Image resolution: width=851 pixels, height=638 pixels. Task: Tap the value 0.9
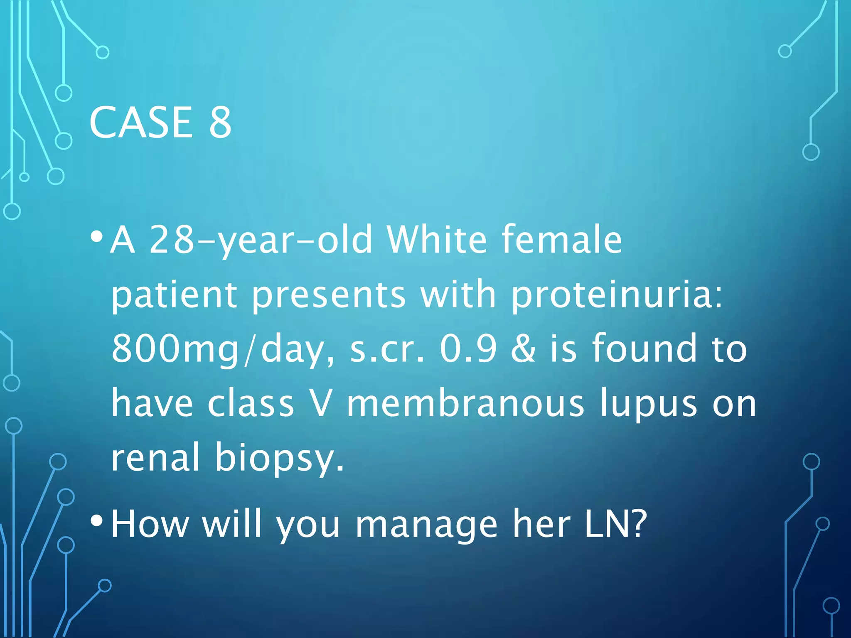[x=468, y=350]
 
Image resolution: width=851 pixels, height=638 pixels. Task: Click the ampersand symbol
[x=523, y=350]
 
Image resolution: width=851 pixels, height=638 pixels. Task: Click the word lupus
[x=648, y=405]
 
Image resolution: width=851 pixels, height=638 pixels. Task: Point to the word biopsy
[x=279, y=459]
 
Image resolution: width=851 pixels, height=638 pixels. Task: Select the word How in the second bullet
[x=150, y=524]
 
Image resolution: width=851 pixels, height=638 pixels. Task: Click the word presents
[x=329, y=296]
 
